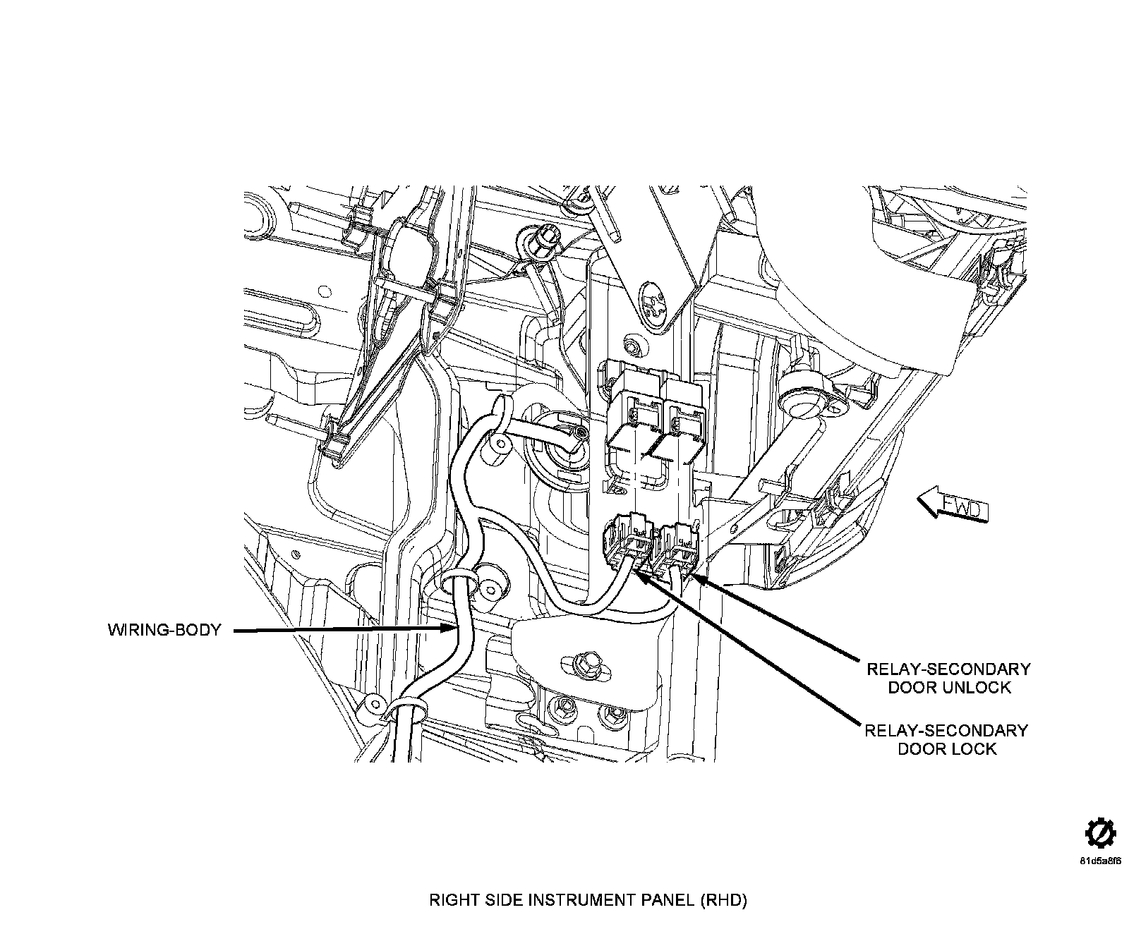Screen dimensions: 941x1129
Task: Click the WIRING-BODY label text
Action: coord(164,630)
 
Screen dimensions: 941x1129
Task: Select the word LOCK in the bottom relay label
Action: coord(974,748)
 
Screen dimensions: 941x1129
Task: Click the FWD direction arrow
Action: coord(953,505)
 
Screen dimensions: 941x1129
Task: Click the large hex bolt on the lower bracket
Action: coord(586,663)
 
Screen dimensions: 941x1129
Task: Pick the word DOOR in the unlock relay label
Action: coord(912,687)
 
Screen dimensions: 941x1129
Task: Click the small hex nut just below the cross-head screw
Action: coord(632,346)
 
